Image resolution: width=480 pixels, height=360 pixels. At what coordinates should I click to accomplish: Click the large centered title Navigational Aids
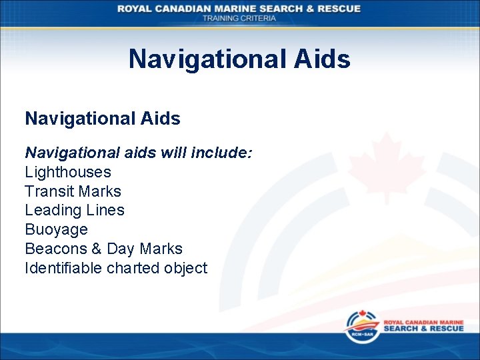tap(239, 59)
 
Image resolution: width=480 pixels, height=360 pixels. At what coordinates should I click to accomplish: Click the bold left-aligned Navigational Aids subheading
tap(103, 119)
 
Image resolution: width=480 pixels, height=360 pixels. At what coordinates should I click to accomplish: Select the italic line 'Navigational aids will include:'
tap(139, 153)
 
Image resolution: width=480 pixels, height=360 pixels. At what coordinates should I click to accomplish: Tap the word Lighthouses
tap(68, 172)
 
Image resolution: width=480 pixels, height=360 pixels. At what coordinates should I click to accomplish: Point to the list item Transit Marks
tap(73, 191)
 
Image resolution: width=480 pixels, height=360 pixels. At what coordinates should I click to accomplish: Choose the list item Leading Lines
tap(75, 210)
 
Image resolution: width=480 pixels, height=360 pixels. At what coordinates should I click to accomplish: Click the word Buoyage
tap(56, 229)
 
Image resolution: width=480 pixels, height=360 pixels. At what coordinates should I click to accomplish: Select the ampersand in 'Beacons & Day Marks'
tap(94, 249)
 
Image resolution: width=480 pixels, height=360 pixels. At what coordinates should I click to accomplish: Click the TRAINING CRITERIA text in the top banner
tap(239, 18)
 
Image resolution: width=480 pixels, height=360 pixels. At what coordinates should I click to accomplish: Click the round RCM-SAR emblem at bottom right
tap(359, 325)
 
